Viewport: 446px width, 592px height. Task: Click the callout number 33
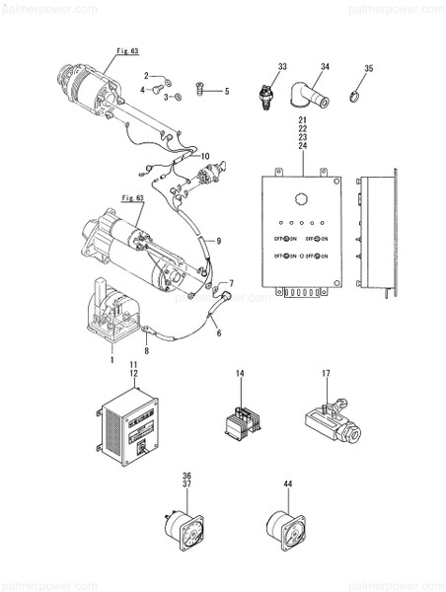[281, 67]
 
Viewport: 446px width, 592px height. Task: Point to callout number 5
[225, 92]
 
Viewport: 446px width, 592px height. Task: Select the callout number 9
[218, 241]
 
